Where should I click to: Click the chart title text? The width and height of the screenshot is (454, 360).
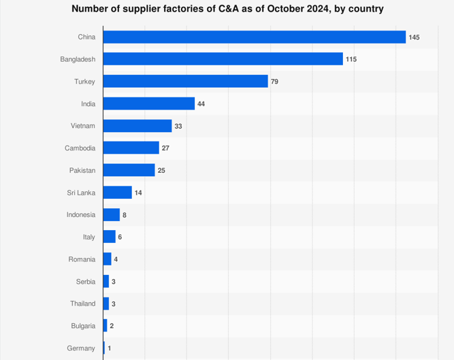coord(227,9)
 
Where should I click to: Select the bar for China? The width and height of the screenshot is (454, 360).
coord(254,37)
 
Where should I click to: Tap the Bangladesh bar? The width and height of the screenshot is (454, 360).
coord(223,59)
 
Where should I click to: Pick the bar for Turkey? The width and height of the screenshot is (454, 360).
coord(185,82)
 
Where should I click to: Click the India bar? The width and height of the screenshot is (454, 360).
coord(149,103)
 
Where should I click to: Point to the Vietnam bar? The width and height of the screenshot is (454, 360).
coord(137,126)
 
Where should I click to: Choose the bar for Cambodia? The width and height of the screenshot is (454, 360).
coord(131,148)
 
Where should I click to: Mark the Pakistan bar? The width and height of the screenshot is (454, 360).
coord(129,170)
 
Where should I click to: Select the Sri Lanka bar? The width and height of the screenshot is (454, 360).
coord(118,193)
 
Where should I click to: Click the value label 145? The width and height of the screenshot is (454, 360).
coord(414,37)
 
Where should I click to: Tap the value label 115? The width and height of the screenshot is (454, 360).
coord(351,59)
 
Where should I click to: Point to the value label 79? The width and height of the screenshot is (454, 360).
coord(274,82)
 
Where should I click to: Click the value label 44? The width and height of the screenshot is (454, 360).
coord(201,103)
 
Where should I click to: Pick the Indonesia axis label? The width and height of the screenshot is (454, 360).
coord(81,215)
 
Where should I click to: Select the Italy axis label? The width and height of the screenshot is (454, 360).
coord(89,237)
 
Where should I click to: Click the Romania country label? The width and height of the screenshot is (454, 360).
coord(82,259)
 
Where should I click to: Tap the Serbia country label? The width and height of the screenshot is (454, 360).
coord(86,281)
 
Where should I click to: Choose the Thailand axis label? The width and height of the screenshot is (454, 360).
coord(82,304)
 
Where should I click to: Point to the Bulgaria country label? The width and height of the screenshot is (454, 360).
coord(83,326)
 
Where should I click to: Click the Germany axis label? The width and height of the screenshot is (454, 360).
coord(82,348)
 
